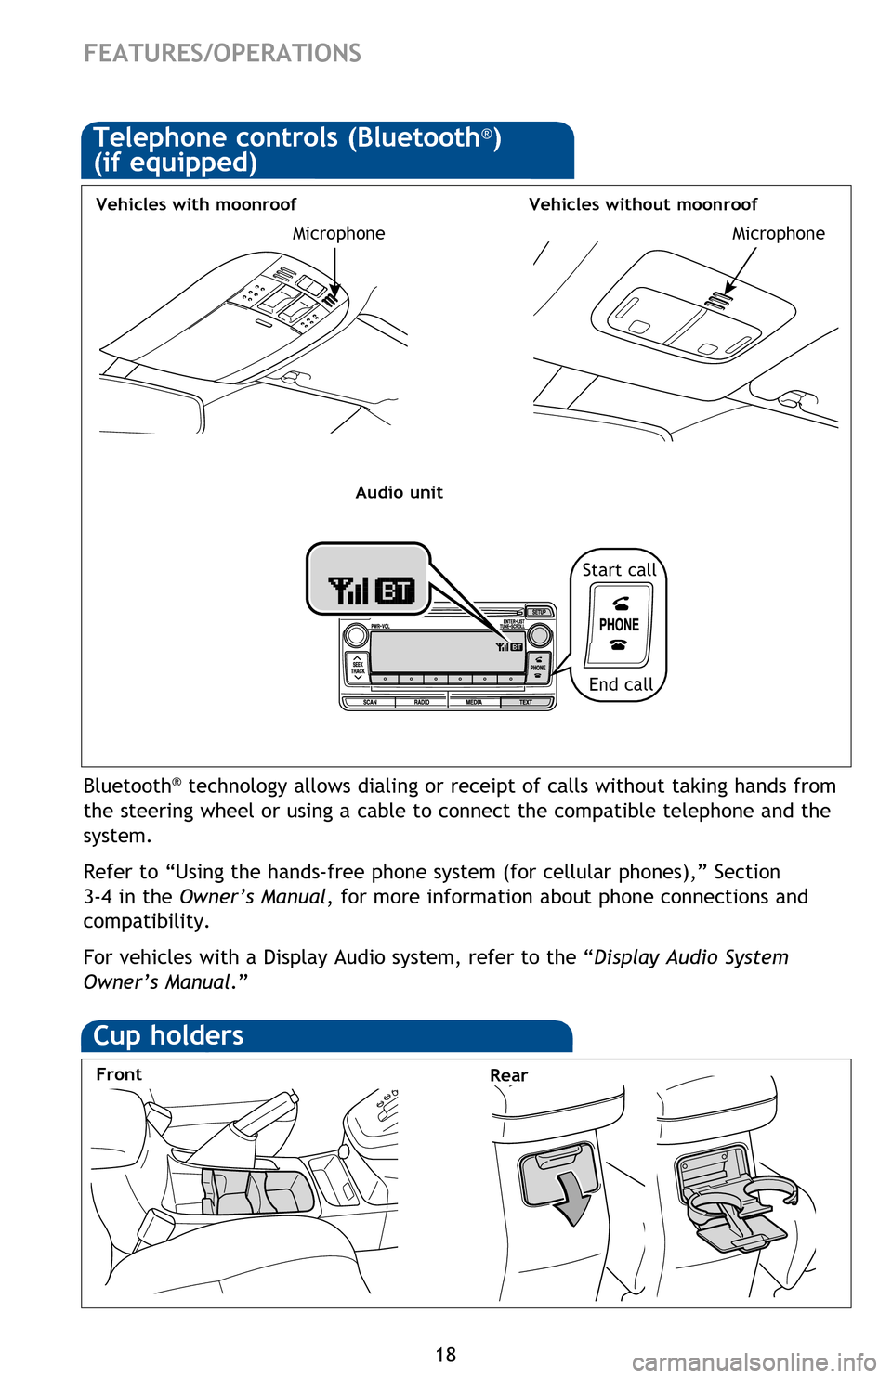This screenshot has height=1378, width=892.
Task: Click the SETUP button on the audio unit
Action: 539,612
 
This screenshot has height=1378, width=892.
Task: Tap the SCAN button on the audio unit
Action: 370,702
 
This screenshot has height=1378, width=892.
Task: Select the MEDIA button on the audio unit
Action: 474,702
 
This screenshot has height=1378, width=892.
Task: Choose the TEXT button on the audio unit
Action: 526,702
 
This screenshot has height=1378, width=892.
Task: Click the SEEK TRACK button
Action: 358,667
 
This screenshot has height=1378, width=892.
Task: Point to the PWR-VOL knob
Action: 355,636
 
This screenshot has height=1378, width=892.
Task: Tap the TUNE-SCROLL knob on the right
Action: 539,636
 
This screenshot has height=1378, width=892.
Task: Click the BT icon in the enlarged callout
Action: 395,591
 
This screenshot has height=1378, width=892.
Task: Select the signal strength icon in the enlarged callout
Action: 348,591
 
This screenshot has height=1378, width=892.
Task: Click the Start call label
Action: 619,570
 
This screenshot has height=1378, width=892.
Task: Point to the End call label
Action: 621,684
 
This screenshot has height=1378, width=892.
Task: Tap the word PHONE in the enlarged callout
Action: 619,625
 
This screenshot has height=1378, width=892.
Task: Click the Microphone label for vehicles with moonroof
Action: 338,234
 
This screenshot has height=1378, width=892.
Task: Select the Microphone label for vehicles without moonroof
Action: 778,234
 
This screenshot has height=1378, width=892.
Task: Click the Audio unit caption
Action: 399,492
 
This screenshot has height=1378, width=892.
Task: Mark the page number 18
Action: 446,1355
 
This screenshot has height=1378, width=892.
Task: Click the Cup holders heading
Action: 168,1035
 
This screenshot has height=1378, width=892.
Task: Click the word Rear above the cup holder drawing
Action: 508,1075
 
